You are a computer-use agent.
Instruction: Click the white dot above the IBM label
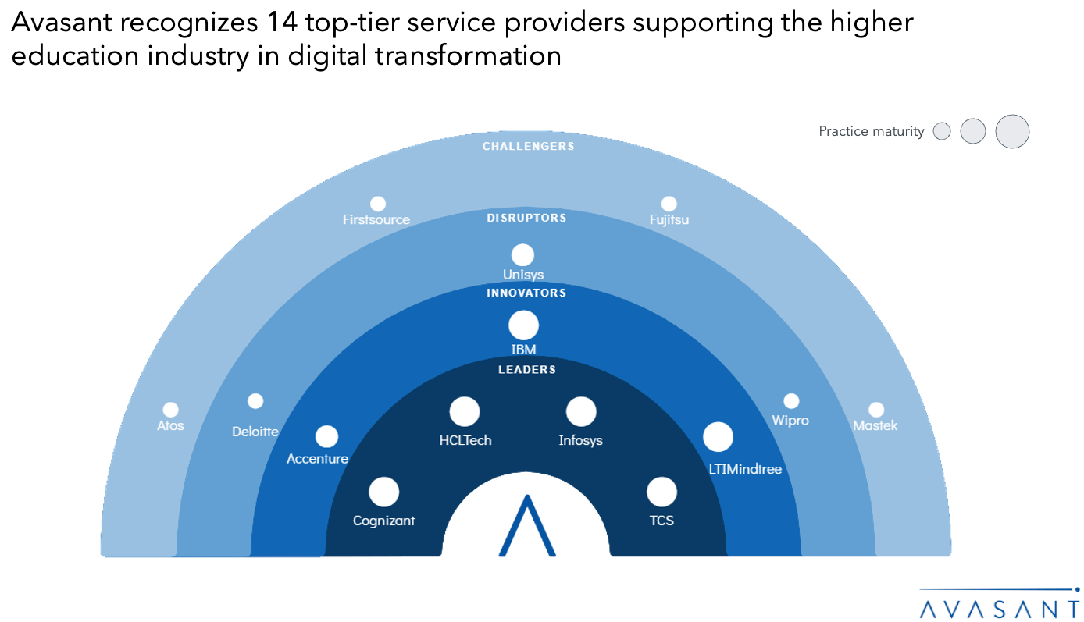click(x=523, y=325)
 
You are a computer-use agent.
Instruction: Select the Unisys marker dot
click(x=522, y=255)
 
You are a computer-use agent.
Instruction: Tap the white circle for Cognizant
click(x=383, y=492)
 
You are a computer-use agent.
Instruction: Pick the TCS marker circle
click(x=661, y=492)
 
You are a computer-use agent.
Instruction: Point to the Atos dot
click(x=170, y=410)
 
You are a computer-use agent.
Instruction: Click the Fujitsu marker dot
click(x=669, y=204)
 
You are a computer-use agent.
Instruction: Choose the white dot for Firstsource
click(x=378, y=204)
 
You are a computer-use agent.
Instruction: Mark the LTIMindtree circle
click(x=718, y=437)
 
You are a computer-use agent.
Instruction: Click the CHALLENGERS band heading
click(x=529, y=146)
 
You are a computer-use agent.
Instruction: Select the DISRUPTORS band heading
click(x=526, y=218)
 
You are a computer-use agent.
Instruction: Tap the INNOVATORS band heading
click(x=526, y=293)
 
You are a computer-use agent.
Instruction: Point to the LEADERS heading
click(x=527, y=369)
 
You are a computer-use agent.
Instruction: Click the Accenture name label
click(x=317, y=459)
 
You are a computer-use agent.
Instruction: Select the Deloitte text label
click(x=255, y=432)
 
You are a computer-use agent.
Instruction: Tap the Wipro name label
click(x=790, y=421)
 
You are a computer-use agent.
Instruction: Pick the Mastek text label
click(x=875, y=425)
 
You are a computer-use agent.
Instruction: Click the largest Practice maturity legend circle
click(x=1012, y=132)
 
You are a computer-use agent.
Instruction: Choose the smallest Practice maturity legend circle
click(x=942, y=131)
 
